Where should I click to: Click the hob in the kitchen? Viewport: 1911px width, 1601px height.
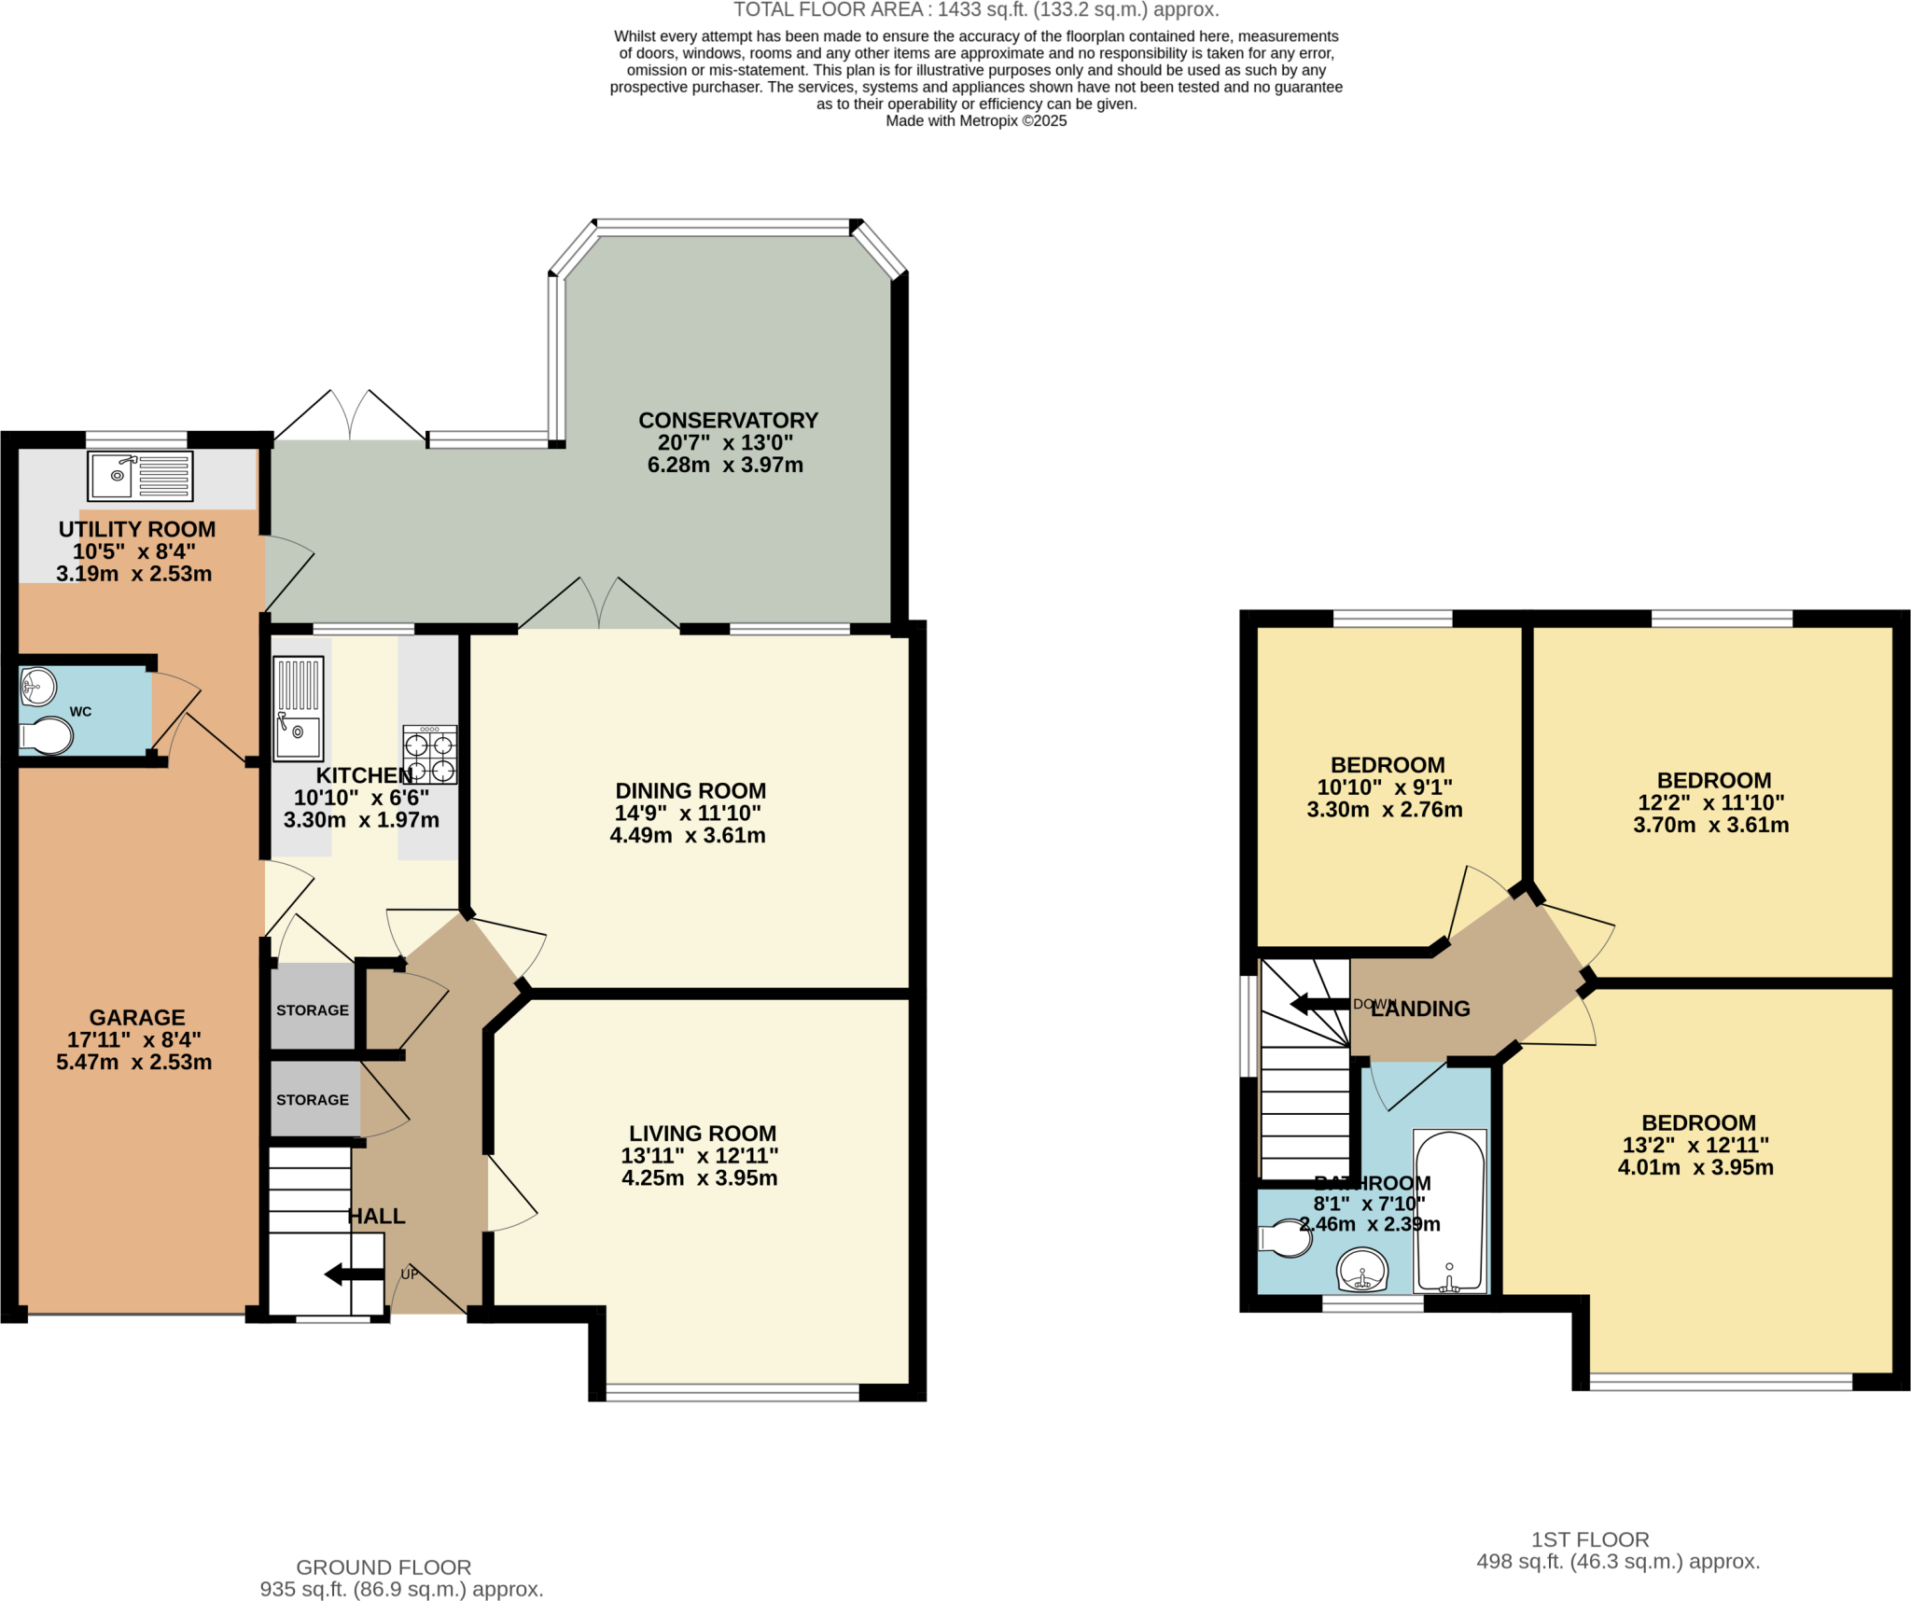[x=430, y=754]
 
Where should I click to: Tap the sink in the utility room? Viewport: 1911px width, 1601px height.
[x=140, y=476]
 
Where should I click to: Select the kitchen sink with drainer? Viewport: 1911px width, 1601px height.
[x=299, y=708]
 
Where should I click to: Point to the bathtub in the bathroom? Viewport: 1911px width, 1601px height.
[x=1450, y=1211]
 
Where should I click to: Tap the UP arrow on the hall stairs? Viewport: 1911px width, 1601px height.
[x=355, y=1274]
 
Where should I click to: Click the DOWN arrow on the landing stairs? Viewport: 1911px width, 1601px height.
[x=1320, y=1004]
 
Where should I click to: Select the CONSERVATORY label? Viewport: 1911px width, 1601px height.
[x=728, y=421]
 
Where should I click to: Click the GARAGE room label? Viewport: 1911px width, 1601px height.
[x=137, y=1018]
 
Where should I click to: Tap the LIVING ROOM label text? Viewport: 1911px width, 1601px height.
[x=703, y=1134]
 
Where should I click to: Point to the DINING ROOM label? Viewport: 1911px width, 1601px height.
[x=690, y=791]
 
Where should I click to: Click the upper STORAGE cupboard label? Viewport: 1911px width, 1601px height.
[x=313, y=1010]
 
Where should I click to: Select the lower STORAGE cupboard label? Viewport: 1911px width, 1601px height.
[x=313, y=1100]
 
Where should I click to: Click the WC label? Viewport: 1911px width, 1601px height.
[x=81, y=712]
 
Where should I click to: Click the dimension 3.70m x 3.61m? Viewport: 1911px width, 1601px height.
[x=1711, y=825]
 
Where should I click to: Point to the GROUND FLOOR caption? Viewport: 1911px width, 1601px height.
[x=384, y=1567]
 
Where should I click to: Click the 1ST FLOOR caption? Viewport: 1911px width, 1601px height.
[x=1590, y=1539]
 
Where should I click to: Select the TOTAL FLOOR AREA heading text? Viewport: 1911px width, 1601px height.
[x=976, y=10]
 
